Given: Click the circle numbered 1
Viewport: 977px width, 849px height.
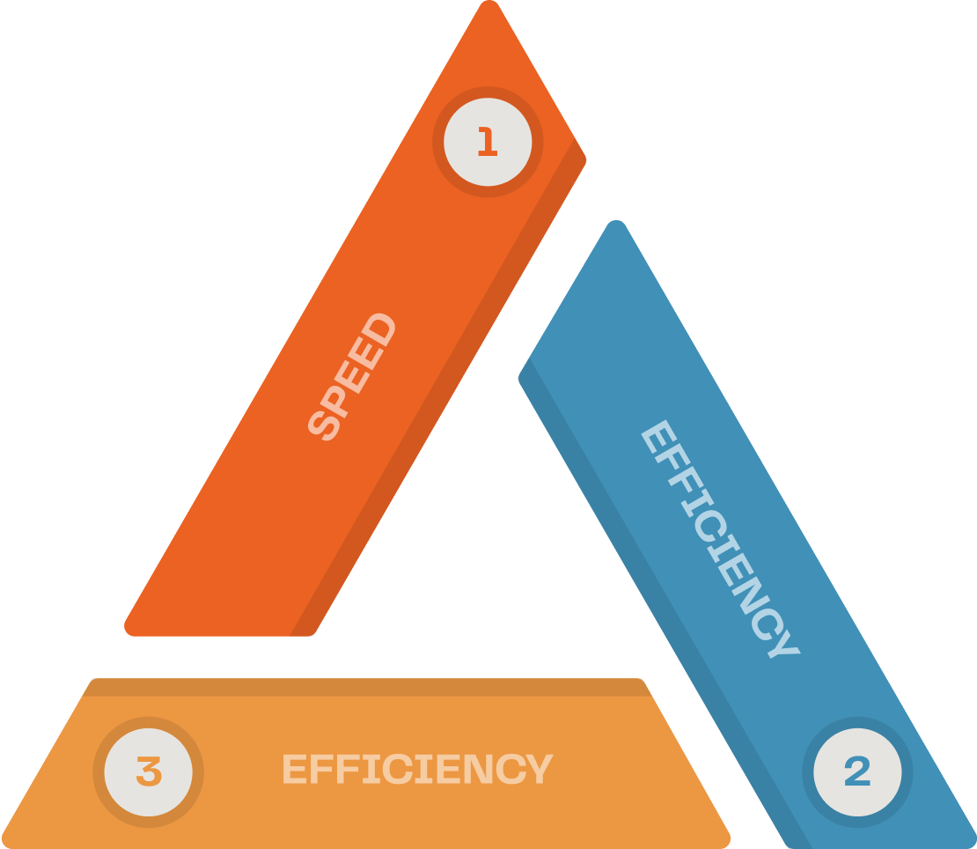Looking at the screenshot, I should (488, 142).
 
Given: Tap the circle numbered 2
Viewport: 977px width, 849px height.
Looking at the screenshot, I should (857, 772).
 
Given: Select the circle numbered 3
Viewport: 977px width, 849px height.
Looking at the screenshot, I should (148, 772).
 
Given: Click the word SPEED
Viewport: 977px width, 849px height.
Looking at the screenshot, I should (352, 376).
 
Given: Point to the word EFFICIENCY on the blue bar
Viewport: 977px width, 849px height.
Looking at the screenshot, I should (719, 539).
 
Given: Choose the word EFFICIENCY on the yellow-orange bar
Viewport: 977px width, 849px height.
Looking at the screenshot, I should (416, 769).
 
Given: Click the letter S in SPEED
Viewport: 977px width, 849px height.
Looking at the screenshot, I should (326, 426).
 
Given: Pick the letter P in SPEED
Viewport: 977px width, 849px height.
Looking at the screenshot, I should (339, 402).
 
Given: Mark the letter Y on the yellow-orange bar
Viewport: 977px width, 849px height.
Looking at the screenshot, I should (536, 769).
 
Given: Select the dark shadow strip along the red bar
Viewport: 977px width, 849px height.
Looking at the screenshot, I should (440, 396).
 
